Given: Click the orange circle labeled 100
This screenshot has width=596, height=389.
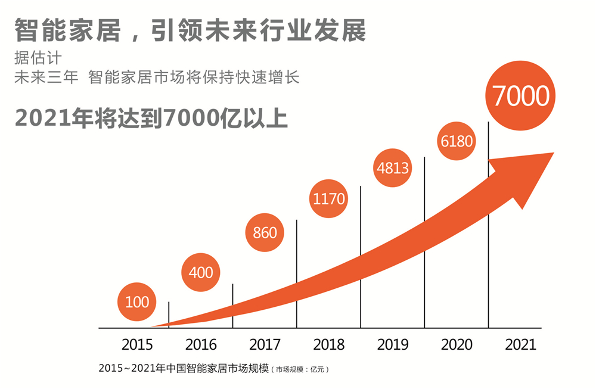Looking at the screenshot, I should (x=137, y=301).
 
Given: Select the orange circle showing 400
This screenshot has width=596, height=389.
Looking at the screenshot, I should (x=201, y=272).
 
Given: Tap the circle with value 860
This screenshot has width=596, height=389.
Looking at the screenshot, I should (x=265, y=232).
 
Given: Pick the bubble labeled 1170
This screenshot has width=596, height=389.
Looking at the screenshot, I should (x=329, y=198).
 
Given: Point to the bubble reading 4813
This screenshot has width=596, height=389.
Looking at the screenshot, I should (x=393, y=167).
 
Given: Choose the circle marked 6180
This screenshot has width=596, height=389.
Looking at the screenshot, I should (x=457, y=141).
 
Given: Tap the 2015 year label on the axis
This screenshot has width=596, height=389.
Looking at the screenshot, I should (x=137, y=344).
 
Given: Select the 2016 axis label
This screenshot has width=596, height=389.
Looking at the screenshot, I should (x=201, y=344).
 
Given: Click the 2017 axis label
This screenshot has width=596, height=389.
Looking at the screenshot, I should (x=265, y=344).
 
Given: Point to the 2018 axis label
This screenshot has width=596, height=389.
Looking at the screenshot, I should (x=329, y=344).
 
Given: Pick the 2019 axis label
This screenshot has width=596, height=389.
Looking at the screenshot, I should (x=393, y=344).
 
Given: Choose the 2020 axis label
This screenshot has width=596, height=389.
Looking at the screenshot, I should (x=457, y=344).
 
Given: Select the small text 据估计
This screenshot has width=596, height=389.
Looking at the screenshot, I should (x=38, y=60).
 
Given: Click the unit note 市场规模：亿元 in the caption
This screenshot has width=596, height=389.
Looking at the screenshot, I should (x=300, y=369).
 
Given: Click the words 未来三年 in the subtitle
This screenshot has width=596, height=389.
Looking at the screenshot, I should (x=46, y=77).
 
